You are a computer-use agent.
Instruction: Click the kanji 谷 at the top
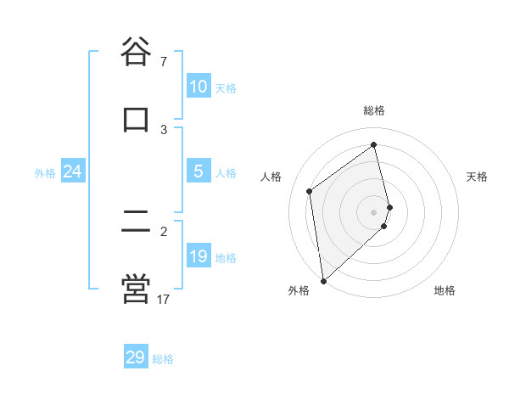(x=136, y=53)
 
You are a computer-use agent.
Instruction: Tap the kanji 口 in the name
(x=136, y=118)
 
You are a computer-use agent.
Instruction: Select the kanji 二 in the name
(x=136, y=222)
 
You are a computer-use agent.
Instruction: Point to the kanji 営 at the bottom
(x=136, y=289)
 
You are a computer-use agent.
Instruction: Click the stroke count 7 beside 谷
(x=163, y=62)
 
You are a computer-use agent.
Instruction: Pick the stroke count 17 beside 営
(x=164, y=300)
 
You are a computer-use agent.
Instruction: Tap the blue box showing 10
(x=199, y=87)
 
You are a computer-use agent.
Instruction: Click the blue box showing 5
(x=199, y=171)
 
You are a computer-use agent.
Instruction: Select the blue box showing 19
(x=199, y=256)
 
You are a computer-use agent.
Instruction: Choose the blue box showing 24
(x=72, y=171)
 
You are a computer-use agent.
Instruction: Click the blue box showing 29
(x=135, y=357)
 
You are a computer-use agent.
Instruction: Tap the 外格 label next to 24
(x=45, y=173)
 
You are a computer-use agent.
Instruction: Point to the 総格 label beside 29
(x=163, y=359)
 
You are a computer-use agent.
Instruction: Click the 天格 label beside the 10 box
(x=226, y=88)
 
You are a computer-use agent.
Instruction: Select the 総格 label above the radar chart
(x=374, y=110)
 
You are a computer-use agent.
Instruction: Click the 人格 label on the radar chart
(x=271, y=177)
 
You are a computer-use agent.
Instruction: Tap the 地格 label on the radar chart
(x=445, y=290)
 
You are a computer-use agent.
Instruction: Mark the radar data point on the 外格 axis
(x=323, y=280)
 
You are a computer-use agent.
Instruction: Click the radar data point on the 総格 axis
(x=374, y=145)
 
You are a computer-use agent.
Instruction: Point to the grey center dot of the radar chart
(x=374, y=211)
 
